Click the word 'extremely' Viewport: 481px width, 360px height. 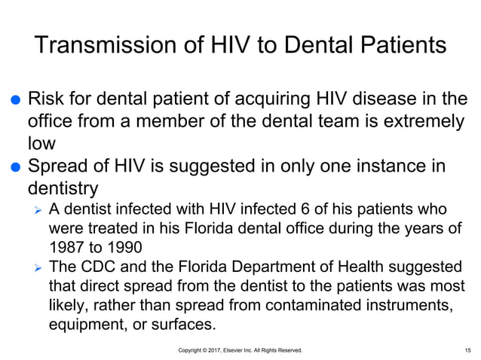click(x=421, y=121)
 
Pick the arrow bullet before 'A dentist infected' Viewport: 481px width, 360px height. click(x=35, y=209)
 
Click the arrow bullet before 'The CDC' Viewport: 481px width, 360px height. click(x=35, y=267)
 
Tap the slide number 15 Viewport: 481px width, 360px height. click(x=468, y=350)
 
